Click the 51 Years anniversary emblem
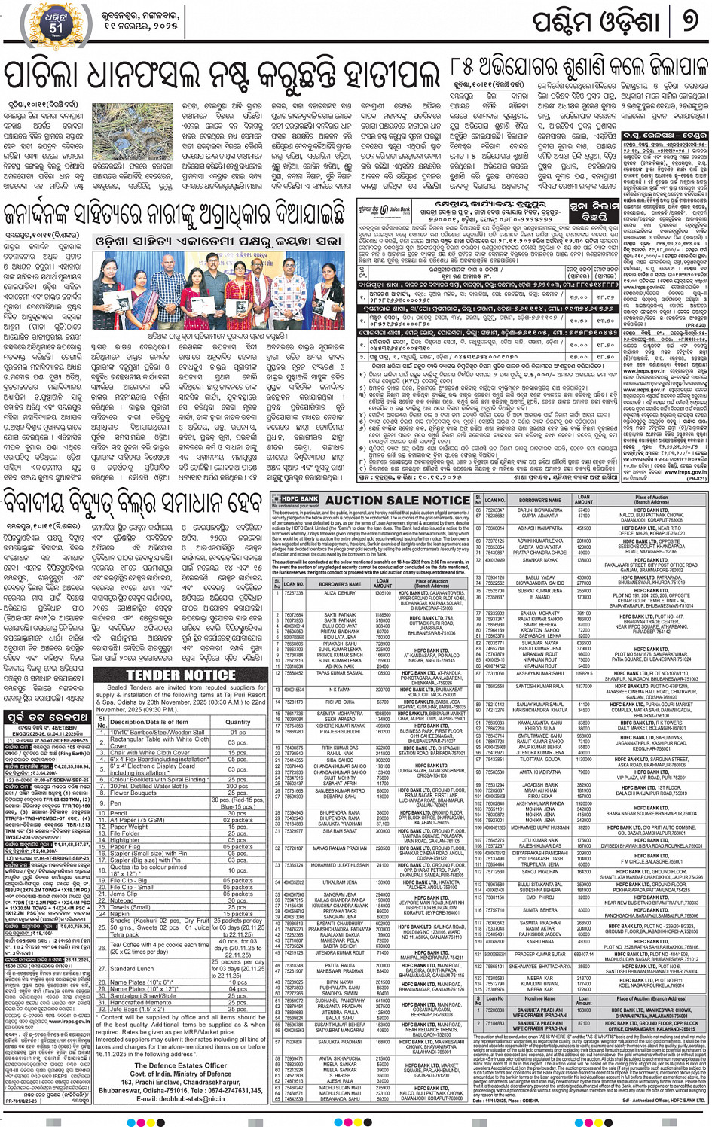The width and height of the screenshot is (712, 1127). click(57, 23)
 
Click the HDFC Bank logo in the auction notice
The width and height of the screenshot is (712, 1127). click(296, 499)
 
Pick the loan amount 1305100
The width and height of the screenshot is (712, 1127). click(383, 593)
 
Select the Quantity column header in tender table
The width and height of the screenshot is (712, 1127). click(238, 721)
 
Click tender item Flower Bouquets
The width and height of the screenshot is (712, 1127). click(133, 793)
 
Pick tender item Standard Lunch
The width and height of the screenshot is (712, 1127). click(132, 969)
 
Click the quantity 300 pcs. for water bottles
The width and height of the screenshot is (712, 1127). click(238, 786)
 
